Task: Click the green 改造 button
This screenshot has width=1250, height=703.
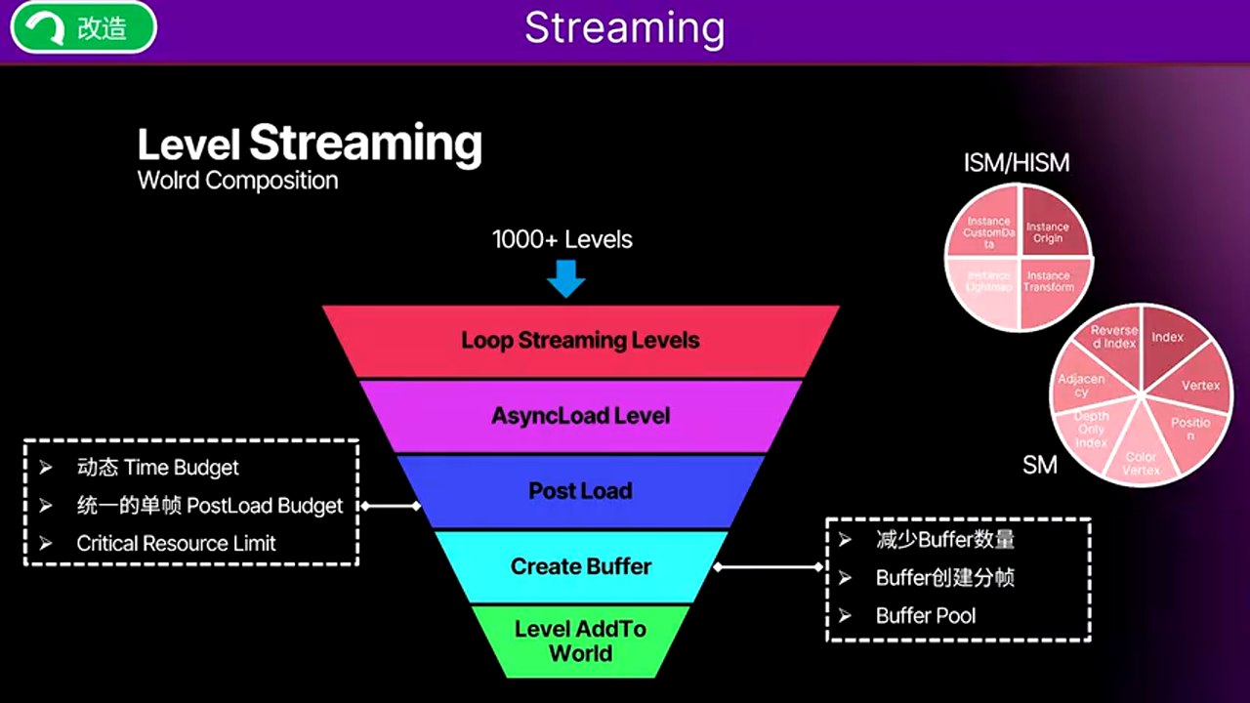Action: pos(83,28)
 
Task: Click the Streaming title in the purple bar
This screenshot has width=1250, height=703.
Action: pos(624,28)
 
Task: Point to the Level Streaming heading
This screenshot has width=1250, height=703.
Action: pos(310,144)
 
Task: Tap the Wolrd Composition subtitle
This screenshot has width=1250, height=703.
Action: pos(237,181)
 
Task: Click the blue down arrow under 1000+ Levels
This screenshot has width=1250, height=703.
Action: pos(565,279)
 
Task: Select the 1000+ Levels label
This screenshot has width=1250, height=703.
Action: pos(562,239)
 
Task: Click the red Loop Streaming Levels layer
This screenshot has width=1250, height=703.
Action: pos(580,341)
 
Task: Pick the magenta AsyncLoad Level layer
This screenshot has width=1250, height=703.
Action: pos(580,416)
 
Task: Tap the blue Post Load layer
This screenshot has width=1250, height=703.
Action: pos(580,491)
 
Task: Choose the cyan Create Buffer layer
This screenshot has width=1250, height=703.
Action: pos(580,566)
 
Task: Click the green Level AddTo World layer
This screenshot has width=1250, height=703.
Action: pos(580,641)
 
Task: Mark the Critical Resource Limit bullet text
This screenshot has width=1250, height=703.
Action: pos(176,544)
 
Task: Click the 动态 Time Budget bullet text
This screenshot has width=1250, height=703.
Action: pos(157,468)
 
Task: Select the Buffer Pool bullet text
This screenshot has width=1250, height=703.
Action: pos(925,616)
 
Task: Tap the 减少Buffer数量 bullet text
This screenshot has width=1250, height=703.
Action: pos(944,540)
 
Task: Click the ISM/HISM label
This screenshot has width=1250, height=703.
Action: pos(1017,163)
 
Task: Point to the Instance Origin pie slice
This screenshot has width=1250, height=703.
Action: pos(1048,232)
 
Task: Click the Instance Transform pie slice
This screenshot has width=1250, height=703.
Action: pos(1048,281)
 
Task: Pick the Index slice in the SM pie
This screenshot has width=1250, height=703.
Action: pos(1167,338)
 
